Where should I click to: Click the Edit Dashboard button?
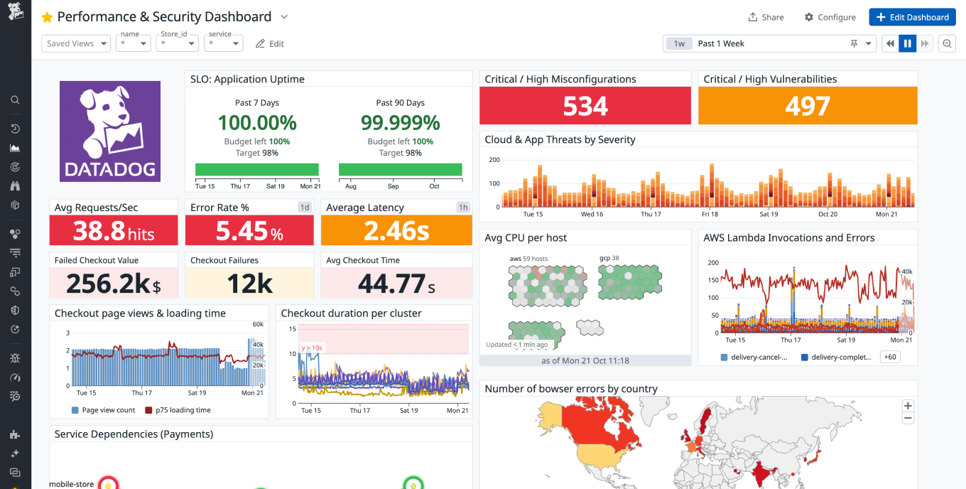click(912, 17)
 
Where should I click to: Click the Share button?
click(766, 17)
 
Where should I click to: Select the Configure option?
click(830, 17)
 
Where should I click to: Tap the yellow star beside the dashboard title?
click(47, 17)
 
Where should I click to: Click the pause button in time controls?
click(907, 43)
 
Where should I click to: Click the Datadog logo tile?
click(110, 131)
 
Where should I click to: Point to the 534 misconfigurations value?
click(585, 106)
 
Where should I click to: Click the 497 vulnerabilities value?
click(808, 106)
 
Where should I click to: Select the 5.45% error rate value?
click(249, 231)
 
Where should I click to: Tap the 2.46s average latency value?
click(396, 231)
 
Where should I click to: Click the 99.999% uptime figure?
click(400, 122)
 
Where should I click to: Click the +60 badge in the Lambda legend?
click(889, 357)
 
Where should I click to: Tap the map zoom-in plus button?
click(908, 406)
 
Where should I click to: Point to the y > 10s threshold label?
click(312, 348)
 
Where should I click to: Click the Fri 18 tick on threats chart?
click(710, 214)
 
